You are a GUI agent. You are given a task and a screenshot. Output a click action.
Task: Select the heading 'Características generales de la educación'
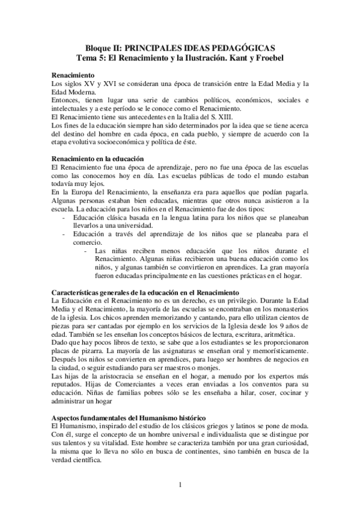[x=144, y=292]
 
